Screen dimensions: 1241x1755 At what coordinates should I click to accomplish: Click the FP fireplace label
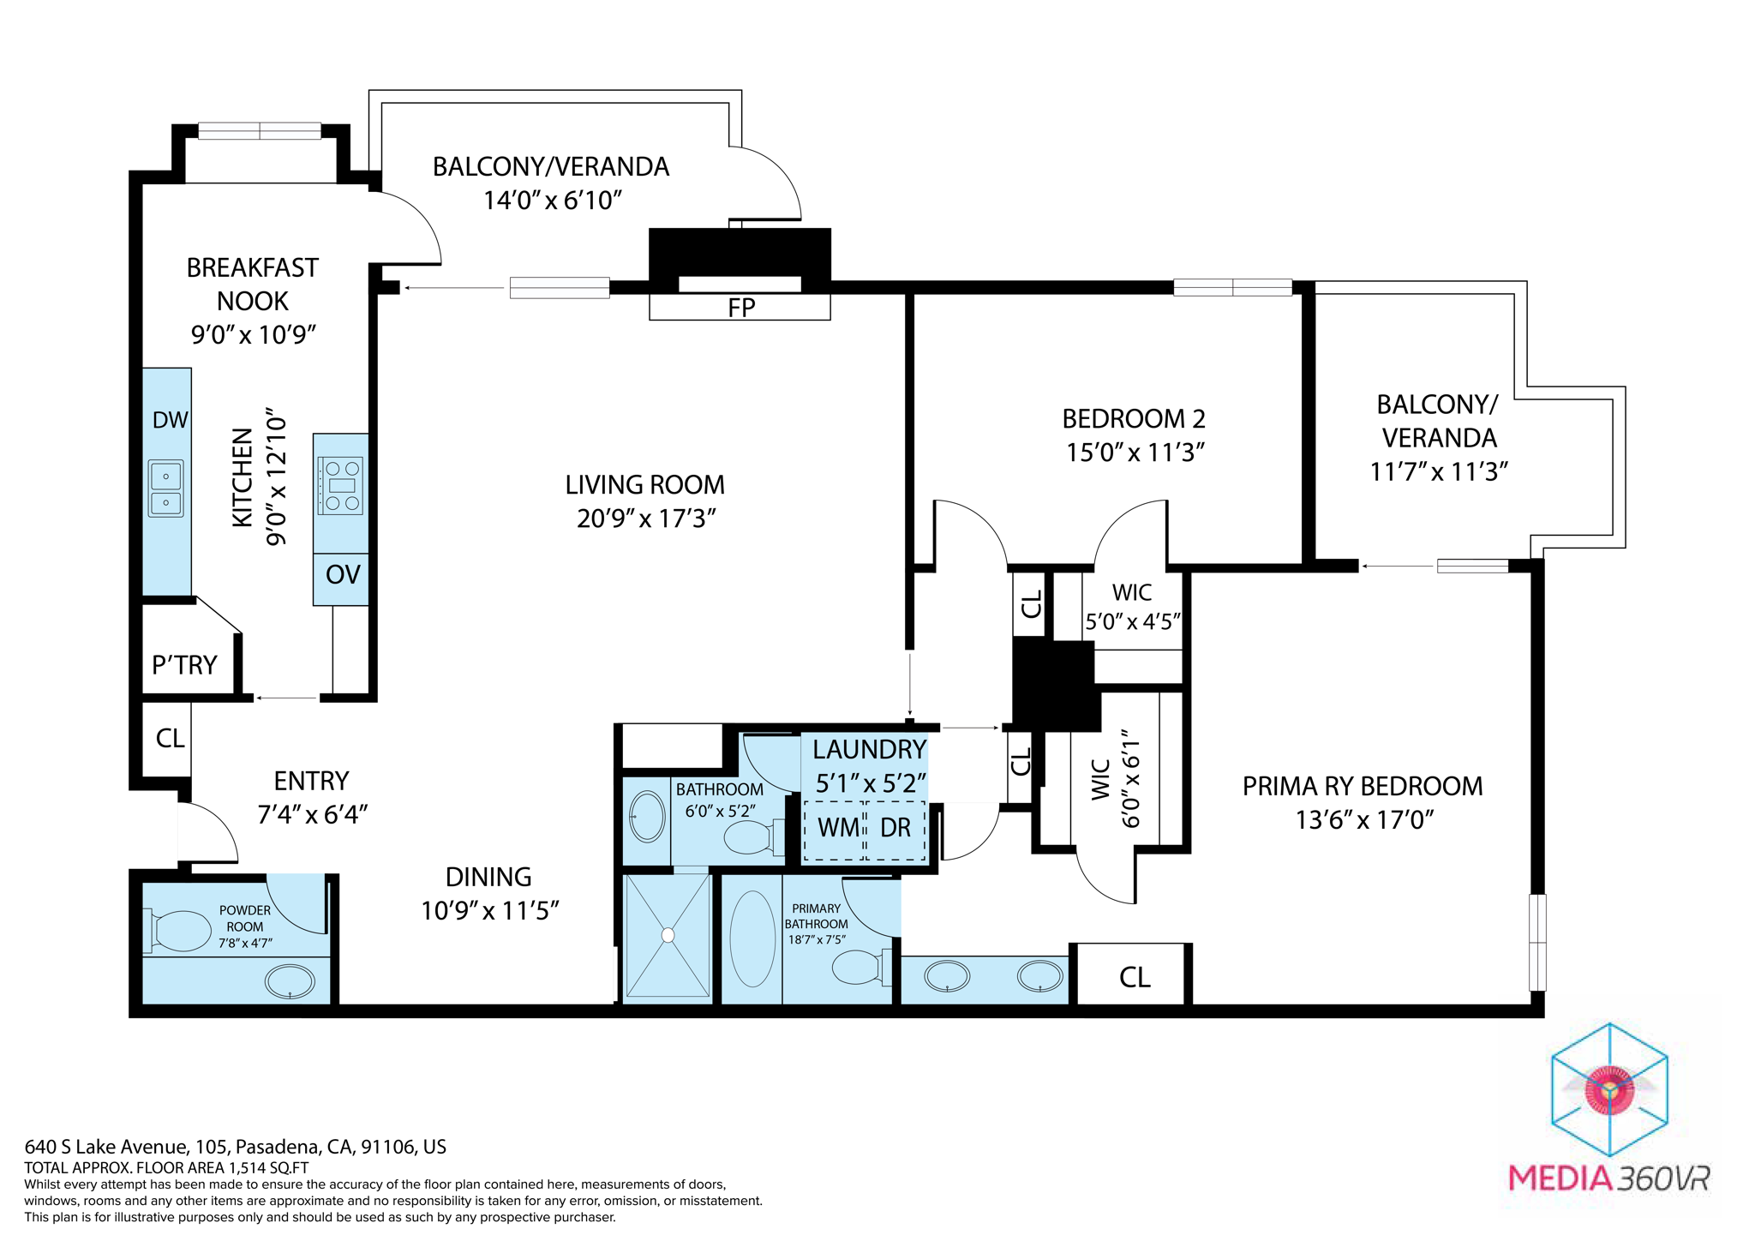tap(741, 308)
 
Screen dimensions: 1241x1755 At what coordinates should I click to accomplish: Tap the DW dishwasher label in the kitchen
tap(170, 420)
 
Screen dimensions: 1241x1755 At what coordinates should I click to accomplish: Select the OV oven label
tap(343, 574)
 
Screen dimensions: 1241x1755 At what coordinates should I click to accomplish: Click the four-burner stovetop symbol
tap(341, 485)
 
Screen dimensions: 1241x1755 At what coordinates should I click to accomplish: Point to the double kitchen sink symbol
tap(166, 489)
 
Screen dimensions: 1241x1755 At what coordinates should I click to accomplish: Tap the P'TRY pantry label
tap(184, 665)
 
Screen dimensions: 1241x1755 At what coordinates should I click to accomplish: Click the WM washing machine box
tap(836, 829)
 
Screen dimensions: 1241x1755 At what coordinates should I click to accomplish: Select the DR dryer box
tap(896, 829)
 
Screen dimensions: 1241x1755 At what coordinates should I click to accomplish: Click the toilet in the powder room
tap(180, 931)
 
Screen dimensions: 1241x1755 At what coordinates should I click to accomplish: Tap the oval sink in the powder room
tap(290, 981)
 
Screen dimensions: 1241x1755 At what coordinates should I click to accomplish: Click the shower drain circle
tap(668, 935)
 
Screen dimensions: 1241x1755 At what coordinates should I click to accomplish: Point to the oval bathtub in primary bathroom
tap(752, 938)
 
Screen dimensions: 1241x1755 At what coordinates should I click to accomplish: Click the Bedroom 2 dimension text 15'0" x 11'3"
tap(1135, 453)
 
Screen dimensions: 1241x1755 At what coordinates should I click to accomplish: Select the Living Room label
tap(644, 485)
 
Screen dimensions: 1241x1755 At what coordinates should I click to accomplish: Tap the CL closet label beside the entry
tap(170, 738)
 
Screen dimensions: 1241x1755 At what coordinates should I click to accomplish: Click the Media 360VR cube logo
tap(1609, 1090)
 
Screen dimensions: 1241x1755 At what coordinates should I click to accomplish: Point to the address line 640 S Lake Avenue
tap(235, 1147)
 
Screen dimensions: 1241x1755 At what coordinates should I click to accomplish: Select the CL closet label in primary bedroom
tap(1135, 977)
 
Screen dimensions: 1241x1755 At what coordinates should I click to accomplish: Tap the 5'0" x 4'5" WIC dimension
tap(1133, 621)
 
